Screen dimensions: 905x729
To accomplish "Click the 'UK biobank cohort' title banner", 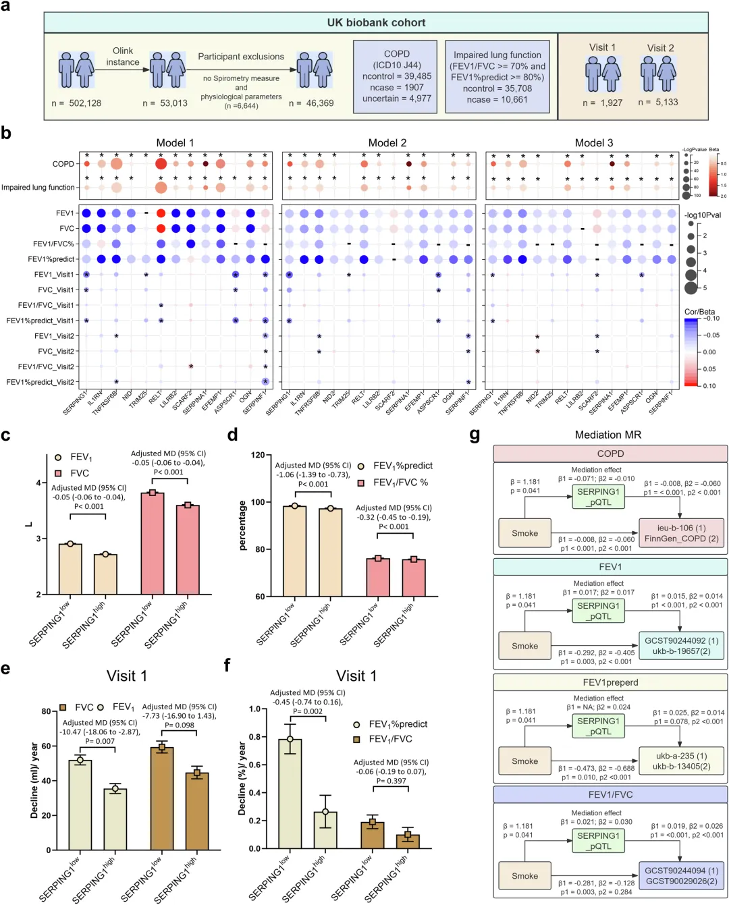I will click(x=376, y=22).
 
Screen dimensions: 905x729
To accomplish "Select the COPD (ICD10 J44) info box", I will click(x=396, y=76).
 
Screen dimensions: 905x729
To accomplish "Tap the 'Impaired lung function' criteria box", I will click(x=497, y=77).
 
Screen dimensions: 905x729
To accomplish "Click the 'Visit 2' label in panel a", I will click(x=660, y=48).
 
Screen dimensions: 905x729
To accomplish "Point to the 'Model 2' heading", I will click(x=387, y=142).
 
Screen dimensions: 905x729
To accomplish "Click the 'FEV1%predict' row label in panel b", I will click(x=51, y=259).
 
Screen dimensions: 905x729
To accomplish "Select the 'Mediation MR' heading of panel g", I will click(x=607, y=435).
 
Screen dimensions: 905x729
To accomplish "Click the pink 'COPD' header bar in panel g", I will click(x=610, y=454).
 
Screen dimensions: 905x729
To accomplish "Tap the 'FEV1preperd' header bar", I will click(x=610, y=682).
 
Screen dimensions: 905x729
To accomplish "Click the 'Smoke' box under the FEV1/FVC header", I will click(x=524, y=876).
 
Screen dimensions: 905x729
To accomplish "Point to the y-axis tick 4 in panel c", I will click(x=38, y=483).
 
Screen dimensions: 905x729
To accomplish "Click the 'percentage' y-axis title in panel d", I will click(x=242, y=526).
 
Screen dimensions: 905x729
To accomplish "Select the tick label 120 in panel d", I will click(x=257, y=455).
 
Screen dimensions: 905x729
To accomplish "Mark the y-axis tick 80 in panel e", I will click(x=46, y=711).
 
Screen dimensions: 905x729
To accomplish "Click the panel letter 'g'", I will click(x=475, y=435).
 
